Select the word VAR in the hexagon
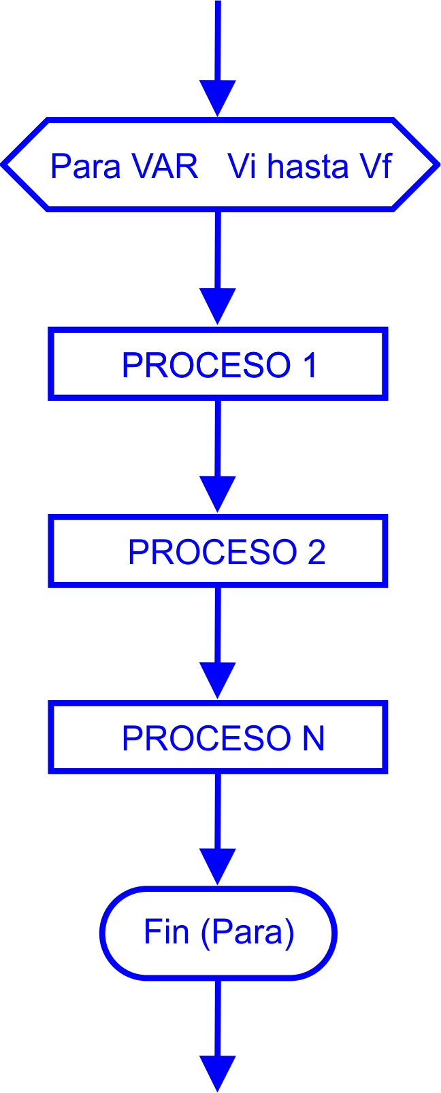165,167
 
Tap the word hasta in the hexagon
308,167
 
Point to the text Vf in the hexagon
376,167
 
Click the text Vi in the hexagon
242,167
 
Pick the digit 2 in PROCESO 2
316,552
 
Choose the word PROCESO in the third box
206,738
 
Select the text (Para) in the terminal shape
248,933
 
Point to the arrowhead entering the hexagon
218,98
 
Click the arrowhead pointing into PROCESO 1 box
218,306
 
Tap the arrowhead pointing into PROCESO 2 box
218,493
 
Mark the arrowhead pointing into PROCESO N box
218,680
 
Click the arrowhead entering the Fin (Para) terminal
218,866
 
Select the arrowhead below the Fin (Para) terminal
218,1073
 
